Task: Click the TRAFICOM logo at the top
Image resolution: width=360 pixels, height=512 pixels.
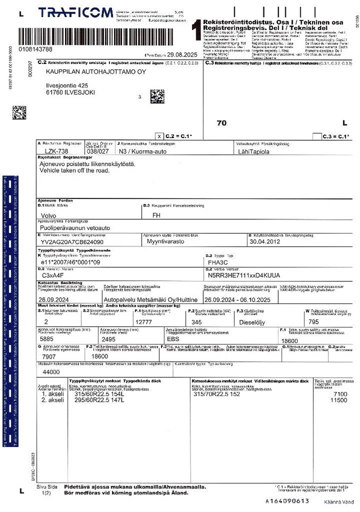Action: (x=75, y=13)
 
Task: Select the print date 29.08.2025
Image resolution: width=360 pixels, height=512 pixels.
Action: (x=182, y=54)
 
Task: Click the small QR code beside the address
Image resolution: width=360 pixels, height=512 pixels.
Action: (x=157, y=96)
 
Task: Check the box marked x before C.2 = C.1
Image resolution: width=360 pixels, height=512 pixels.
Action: (x=159, y=137)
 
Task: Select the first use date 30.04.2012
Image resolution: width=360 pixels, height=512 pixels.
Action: (x=265, y=241)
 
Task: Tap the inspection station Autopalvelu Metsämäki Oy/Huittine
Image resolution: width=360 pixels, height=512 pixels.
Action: (x=149, y=300)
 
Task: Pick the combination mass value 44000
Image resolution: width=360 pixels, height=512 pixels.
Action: (x=51, y=371)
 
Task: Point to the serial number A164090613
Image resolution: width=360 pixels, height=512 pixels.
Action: (x=287, y=501)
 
